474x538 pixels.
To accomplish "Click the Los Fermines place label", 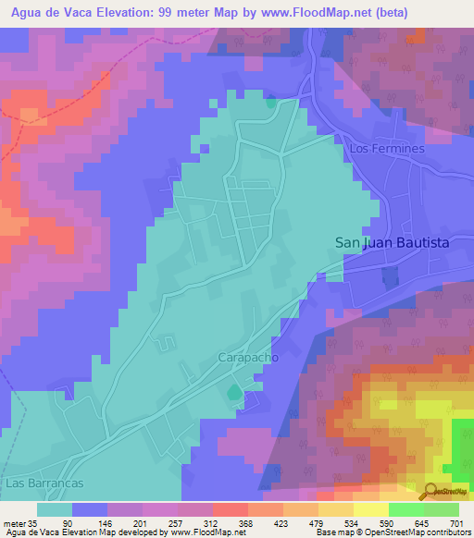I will (386, 148).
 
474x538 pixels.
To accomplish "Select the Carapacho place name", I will (248, 356).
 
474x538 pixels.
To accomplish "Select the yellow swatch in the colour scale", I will (370, 509).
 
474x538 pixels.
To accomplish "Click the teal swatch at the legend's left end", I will (55, 509).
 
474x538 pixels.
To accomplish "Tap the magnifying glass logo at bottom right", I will (430, 491).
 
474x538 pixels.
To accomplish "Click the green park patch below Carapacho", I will (231, 395).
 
